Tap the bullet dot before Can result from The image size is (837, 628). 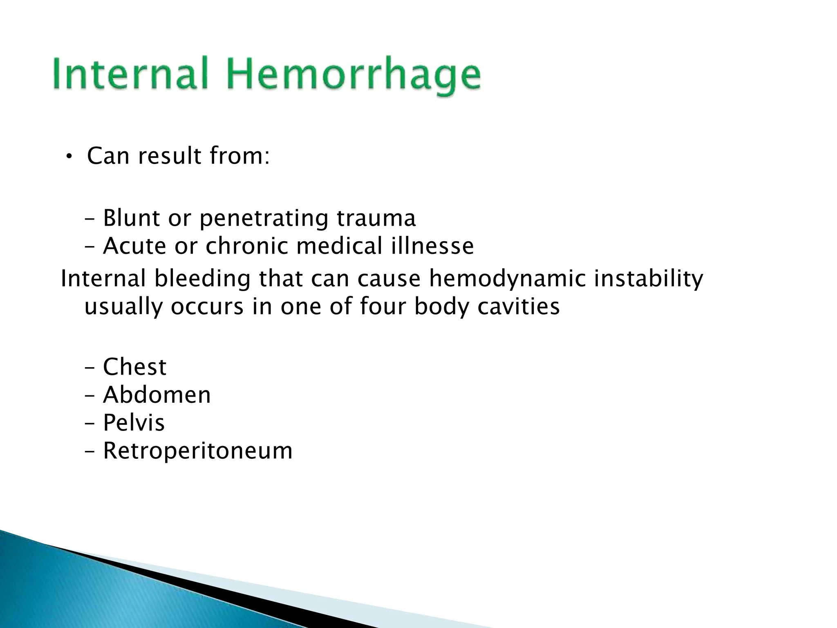coord(69,156)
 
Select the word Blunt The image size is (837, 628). coord(131,218)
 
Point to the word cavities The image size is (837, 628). coord(518,306)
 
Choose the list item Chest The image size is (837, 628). coord(134,367)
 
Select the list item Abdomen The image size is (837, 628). coord(157,395)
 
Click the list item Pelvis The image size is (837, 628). coord(134,423)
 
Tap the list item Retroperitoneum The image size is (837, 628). coord(197,451)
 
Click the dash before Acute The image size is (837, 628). coord(90,247)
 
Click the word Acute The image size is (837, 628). coord(134,246)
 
